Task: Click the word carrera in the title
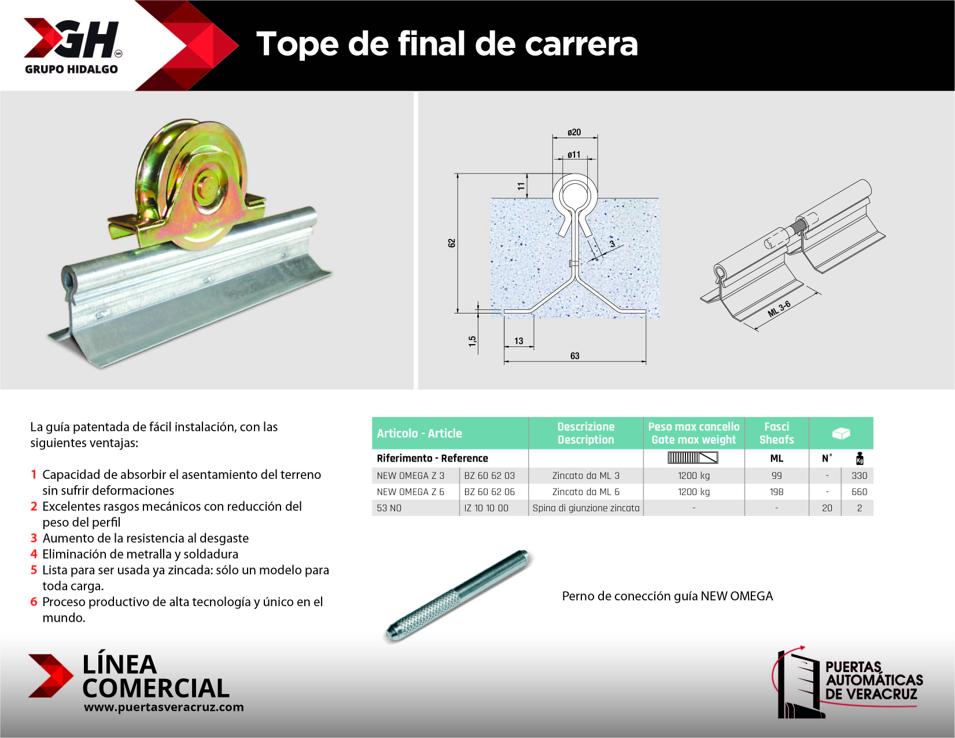point(581,44)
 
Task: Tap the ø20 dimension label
point(574,132)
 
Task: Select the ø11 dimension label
point(574,154)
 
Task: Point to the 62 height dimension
point(452,243)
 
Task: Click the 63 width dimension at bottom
point(575,356)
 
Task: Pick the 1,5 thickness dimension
point(473,341)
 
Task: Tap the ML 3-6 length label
point(779,309)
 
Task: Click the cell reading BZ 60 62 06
point(489,492)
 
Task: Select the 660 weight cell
point(859,492)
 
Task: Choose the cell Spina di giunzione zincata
point(586,508)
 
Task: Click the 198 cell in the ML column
point(777,492)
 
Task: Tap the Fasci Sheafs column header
point(777,433)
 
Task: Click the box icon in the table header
point(840,433)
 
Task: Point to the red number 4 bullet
point(34,555)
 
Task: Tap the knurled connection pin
point(458,596)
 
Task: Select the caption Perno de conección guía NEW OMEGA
point(667,596)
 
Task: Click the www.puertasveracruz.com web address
point(164,707)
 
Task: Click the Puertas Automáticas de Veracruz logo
point(847,682)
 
